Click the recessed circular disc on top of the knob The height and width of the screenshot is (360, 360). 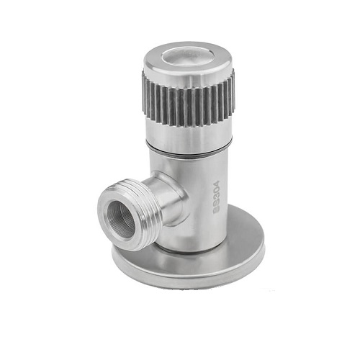pos(184,57)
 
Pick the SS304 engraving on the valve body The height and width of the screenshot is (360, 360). pos(217,197)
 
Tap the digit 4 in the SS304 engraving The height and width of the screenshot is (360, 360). pos(217,184)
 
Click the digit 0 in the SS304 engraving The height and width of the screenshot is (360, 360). pos(217,190)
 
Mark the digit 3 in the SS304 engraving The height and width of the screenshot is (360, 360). pos(217,197)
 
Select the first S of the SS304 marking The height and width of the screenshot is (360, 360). pos(217,210)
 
